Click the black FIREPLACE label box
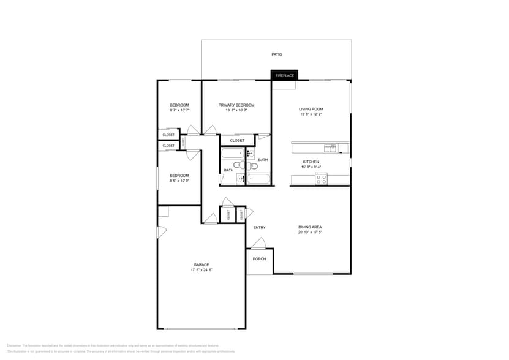click(284, 75)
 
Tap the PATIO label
click(277, 54)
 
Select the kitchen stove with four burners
click(321, 179)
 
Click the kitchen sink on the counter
click(330, 148)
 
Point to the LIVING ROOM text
click(311, 109)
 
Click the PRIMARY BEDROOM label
click(236, 105)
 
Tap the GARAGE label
click(202, 264)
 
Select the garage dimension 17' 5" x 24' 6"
click(202, 270)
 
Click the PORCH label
click(259, 258)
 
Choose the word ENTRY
click(259, 228)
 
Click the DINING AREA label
click(310, 227)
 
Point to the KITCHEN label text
click(311, 162)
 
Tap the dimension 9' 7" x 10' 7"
click(179, 110)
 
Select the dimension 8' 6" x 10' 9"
click(179, 181)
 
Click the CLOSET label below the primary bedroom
click(237, 140)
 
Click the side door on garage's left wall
click(161, 232)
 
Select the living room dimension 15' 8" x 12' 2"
click(311, 114)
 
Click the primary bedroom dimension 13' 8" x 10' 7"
click(236, 110)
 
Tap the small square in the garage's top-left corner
click(163, 211)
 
